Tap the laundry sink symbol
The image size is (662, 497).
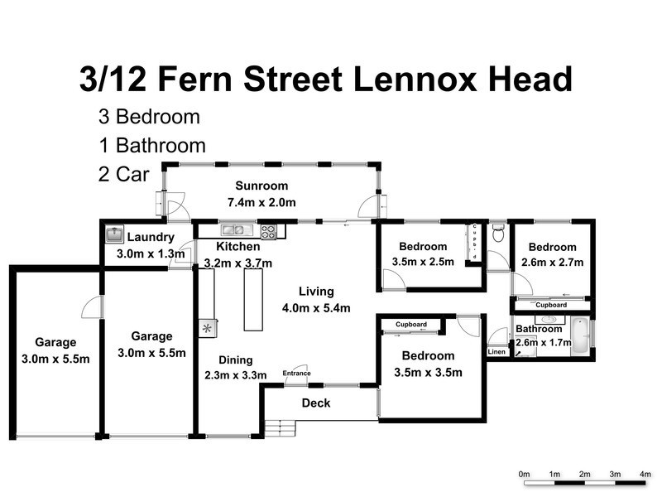[x=114, y=235]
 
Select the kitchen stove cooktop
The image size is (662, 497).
[x=268, y=231]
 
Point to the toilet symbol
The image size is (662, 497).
[x=496, y=234]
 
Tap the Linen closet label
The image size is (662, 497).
[x=496, y=352]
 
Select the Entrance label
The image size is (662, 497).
[x=296, y=374]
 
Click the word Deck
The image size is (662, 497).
[x=315, y=403]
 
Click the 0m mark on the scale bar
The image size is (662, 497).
[x=524, y=474]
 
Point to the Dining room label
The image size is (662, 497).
[x=236, y=360]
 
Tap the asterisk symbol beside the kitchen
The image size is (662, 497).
[x=206, y=329]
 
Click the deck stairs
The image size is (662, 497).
[x=284, y=427]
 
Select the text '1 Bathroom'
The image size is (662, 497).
[x=151, y=146]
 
